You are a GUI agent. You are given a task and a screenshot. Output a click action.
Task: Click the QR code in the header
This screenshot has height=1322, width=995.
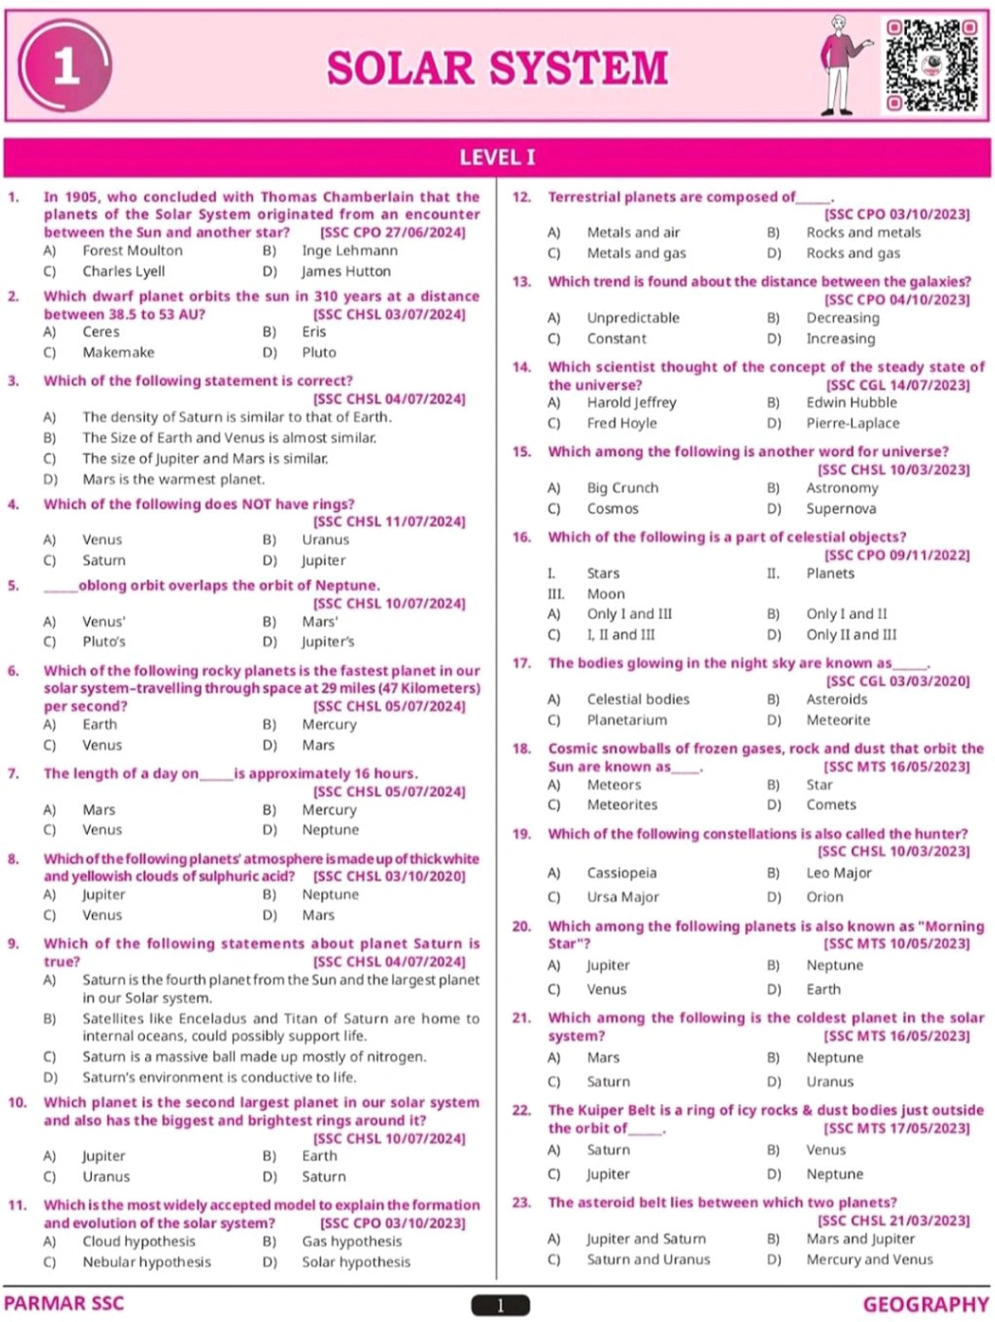pos(931,66)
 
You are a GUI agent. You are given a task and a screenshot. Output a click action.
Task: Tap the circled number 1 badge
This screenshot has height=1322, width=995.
pos(66,67)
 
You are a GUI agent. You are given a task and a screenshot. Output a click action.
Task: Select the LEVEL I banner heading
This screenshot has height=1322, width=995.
pos(498,157)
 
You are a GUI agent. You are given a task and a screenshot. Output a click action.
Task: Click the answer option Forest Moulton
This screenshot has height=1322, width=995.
pos(132,250)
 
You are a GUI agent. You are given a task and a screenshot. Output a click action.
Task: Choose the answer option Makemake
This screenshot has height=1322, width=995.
pos(118,352)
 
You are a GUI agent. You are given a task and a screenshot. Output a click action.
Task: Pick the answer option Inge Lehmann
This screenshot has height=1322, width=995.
pos(349,250)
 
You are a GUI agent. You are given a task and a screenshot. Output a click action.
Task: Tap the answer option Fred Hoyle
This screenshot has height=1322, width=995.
pos(621,423)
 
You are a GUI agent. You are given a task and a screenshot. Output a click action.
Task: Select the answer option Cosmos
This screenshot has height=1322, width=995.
pos(612,509)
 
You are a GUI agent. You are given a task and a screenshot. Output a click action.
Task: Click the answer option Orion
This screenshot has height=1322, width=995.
pos(824,897)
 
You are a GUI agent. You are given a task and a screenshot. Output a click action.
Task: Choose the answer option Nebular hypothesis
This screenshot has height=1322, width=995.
pos(146,1262)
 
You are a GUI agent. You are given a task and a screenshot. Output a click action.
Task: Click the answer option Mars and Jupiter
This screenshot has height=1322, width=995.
pos(860,1239)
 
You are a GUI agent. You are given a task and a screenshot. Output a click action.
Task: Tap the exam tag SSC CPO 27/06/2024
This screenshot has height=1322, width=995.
pos(392,233)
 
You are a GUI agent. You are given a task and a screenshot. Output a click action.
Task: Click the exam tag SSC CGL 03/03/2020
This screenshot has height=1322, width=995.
pos(898,681)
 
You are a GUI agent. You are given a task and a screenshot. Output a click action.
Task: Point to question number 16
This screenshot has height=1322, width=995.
pos(521,537)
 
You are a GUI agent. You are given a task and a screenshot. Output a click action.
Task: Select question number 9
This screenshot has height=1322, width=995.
pos(13,943)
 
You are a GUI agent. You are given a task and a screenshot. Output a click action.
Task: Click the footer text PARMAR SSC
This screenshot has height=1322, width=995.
pos(64,1304)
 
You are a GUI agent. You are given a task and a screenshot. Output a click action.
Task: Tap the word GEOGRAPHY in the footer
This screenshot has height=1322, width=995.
pos(925,1305)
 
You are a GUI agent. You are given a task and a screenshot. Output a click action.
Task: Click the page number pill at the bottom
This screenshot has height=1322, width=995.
pos(500,1305)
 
